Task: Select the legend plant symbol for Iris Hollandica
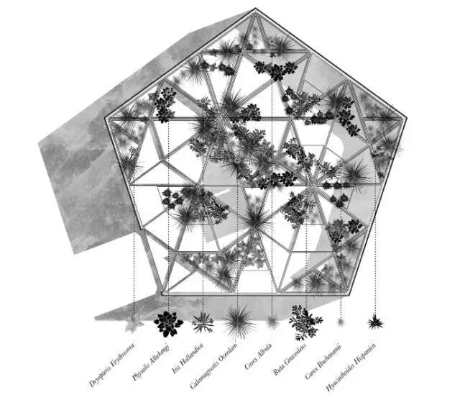tap(203, 322)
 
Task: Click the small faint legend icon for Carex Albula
tap(272, 322)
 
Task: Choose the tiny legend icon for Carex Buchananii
tap(341, 322)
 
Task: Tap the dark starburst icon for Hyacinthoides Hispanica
tap(374, 322)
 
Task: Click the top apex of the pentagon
tap(255, 9)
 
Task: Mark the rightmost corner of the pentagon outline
tap(407, 118)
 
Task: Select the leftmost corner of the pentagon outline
tap(106, 118)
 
